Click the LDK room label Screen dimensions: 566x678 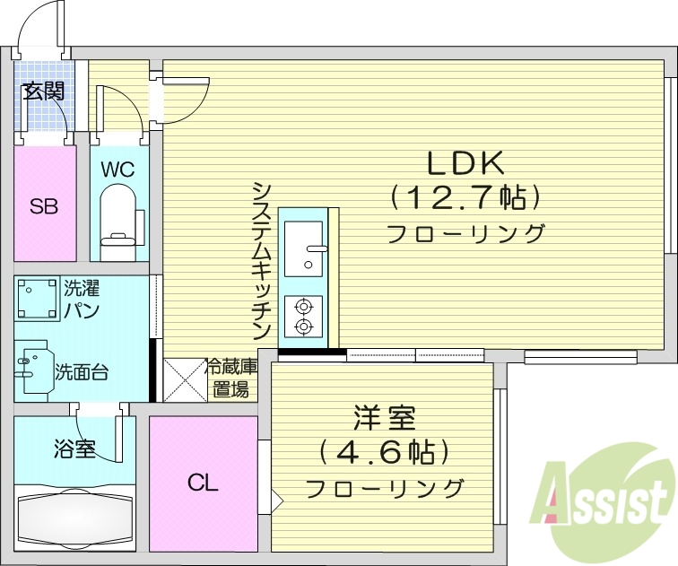point(466,162)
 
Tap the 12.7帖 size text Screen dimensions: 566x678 point(465,196)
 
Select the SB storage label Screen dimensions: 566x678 point(44,206)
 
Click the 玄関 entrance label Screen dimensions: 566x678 point(43,90)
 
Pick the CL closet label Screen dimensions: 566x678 point(203,483)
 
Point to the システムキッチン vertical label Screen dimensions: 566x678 point(261,259)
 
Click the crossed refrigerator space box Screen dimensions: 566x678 point(185,379)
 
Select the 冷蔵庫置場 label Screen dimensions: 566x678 point(231,379)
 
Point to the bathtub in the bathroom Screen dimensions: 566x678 point(74,518)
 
